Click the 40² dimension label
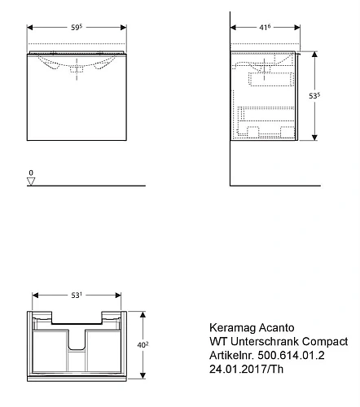coord(143,345)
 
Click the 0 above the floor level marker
coord(31,173)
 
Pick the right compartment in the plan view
coord(107,346)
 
